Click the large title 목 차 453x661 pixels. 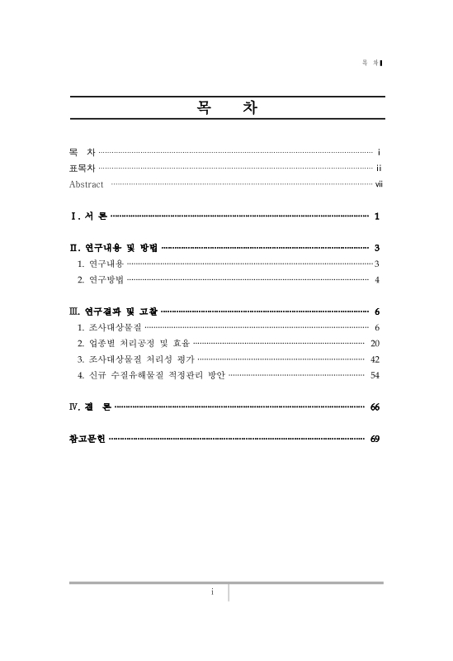pos(226,108)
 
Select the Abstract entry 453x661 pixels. pos(87,183)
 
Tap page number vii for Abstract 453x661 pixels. pos(379,183)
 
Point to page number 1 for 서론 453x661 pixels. pos(376,216)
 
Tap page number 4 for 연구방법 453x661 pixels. pos(376,279)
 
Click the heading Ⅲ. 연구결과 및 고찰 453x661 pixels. pos(114,311)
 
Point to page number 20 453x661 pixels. pos(375,343)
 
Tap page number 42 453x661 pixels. pos(375,359)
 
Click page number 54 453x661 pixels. pos(375,374)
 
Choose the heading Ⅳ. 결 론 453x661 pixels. pos(89,407)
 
